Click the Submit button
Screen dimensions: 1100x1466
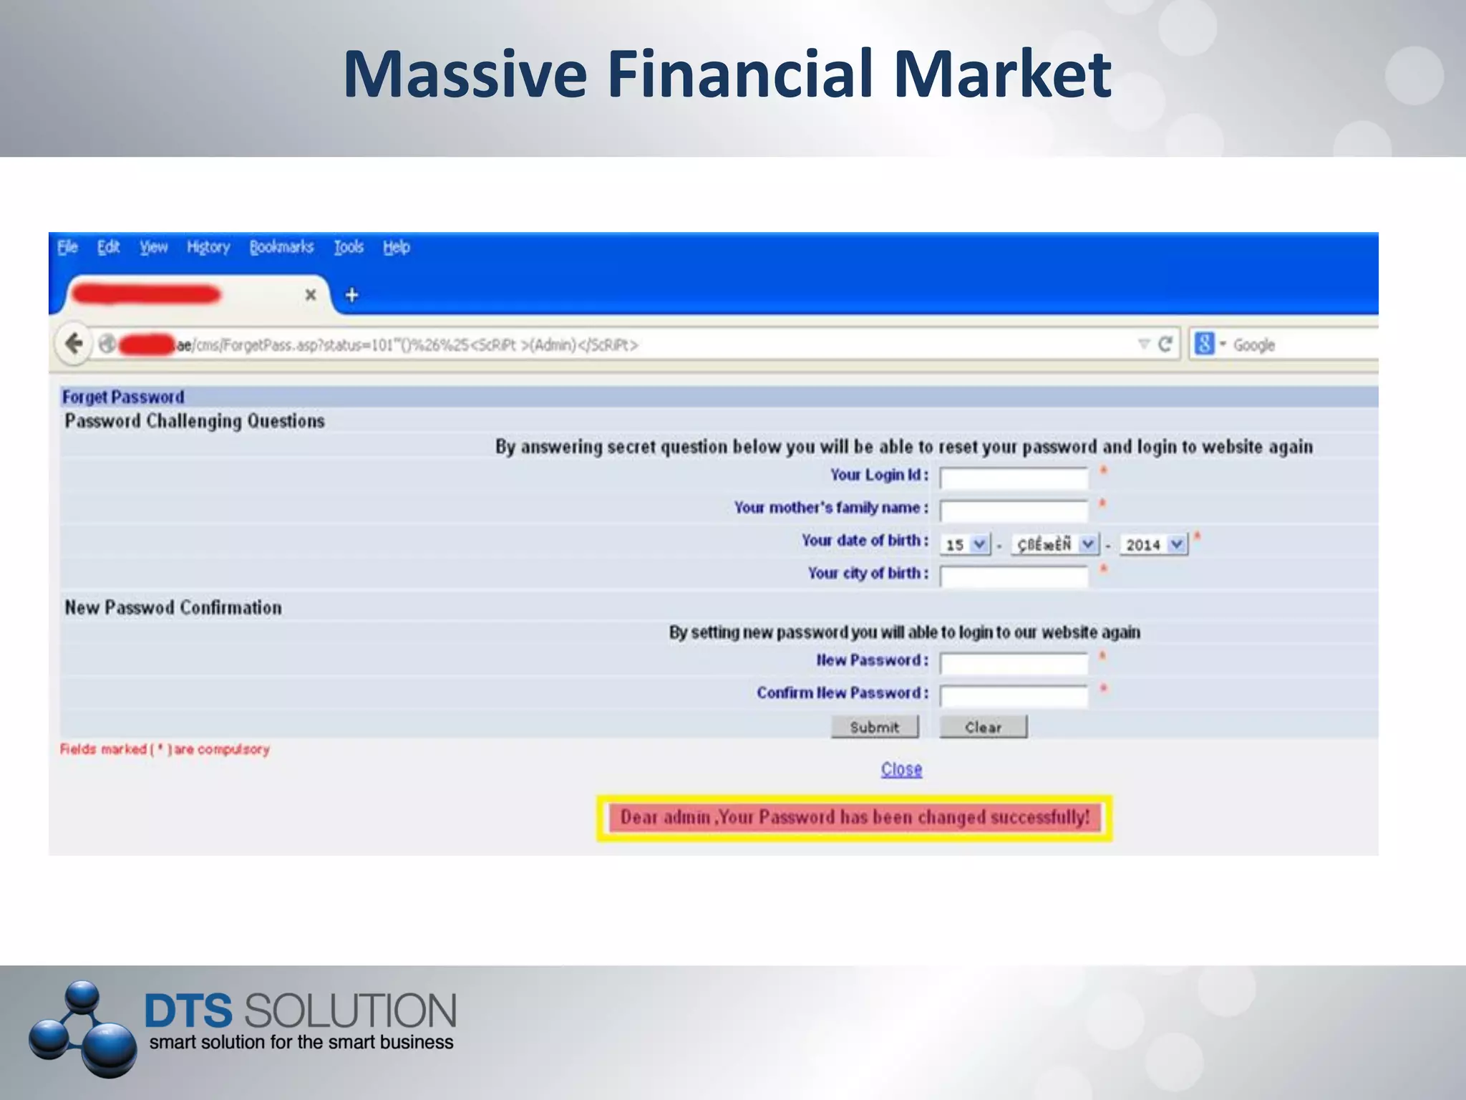click(874, 727)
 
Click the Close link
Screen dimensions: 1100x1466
click(901, 769)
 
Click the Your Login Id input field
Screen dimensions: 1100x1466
click(1014, 478)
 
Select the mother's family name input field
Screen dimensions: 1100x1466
click(1014, 511)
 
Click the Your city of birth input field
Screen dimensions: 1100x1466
click(1014, 576)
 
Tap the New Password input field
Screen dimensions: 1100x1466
click(1014, 663)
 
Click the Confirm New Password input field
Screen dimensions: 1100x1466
click(1014, 695)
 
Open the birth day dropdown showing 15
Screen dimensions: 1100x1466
click(965, 544)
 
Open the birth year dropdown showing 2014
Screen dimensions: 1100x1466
click(1153, 544)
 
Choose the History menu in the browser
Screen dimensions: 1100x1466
click(208, 248)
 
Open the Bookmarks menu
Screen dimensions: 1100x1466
click(281, 248)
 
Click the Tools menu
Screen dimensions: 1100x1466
click(349, 248)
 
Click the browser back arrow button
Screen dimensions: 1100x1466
click(74, 344)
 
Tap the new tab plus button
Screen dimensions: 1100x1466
click(351, 295)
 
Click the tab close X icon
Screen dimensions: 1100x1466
click(311, 295)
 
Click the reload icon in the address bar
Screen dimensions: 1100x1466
click(1165, 344)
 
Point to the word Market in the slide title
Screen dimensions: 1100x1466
click(1002, 74)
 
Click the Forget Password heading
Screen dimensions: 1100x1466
click(123, 397)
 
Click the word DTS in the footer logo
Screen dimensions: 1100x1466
click(188, 1010)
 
